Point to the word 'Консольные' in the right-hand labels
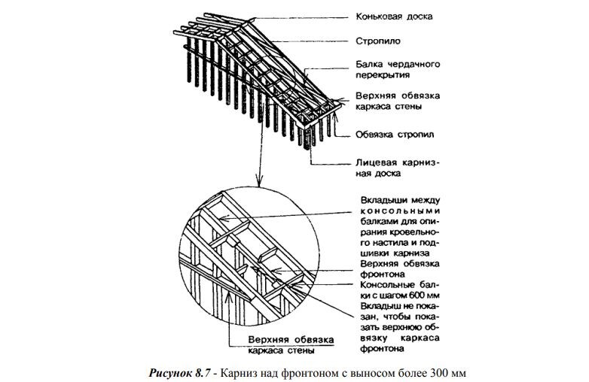[x=384, y=284]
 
